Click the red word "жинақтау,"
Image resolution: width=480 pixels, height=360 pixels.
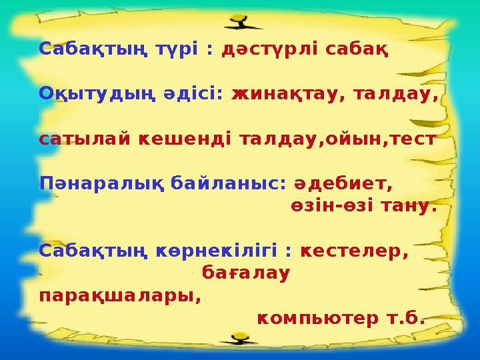(x=285, y=95)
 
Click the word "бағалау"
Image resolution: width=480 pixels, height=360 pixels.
(x=245, y=273)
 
